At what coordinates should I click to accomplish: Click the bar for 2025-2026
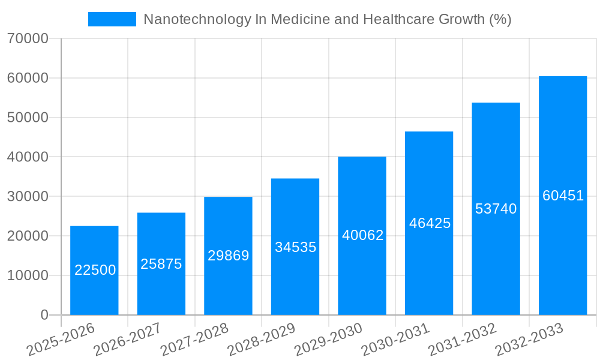(x=94, y=246)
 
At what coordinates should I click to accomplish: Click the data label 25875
(x=161, y=264)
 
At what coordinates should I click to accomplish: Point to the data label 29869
(x=229, y=256)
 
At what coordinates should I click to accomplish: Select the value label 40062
(x=362, y=235)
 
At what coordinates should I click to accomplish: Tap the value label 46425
(x=430, y=223)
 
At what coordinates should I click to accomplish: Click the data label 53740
(x=496, y=209)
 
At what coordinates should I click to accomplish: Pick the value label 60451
(x=563, y=196)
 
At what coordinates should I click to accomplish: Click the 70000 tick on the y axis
(x=28, y=39)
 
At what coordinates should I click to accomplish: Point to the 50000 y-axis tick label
(x=28, y=118)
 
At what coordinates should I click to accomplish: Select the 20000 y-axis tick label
(x=28, y=236)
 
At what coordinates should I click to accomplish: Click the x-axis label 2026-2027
(x=128, y=338)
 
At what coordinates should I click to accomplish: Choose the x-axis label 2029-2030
(x=329, y=338)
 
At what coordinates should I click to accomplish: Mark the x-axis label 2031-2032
(x=463, y=338)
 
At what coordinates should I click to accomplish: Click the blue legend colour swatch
(x=112, y=19)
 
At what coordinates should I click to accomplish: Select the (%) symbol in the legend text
(x=500, y=19)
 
